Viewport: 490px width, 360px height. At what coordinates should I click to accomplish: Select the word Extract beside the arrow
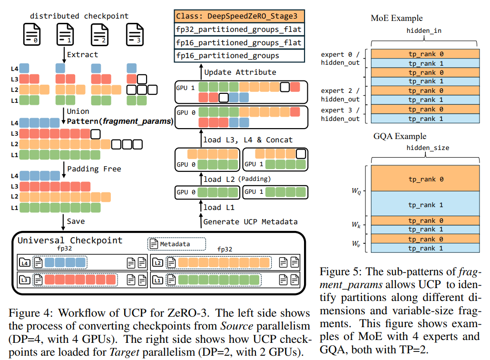[82, 54]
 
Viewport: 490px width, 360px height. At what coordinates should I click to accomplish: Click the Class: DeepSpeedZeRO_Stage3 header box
[239, 16]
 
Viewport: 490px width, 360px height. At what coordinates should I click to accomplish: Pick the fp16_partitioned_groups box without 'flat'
[239, 56]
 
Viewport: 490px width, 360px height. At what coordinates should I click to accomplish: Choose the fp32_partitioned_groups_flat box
[239, 30]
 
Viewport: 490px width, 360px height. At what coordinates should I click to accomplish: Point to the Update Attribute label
[240, 72]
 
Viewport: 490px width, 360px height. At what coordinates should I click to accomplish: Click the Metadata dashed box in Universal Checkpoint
[176, 244]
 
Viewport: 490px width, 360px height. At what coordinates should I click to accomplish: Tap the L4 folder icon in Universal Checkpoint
[24, 262]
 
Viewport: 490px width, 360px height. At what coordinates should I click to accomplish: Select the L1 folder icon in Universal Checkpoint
[157, 280]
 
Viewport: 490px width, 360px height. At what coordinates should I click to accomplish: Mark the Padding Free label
[94, 169]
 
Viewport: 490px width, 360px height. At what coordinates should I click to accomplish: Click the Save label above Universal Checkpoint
[76, 221]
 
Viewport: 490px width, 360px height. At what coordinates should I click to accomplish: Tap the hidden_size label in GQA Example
[428, 148]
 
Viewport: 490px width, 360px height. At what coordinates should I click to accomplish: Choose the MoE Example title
[396, 19]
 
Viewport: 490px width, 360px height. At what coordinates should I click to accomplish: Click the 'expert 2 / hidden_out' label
[340, 95]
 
